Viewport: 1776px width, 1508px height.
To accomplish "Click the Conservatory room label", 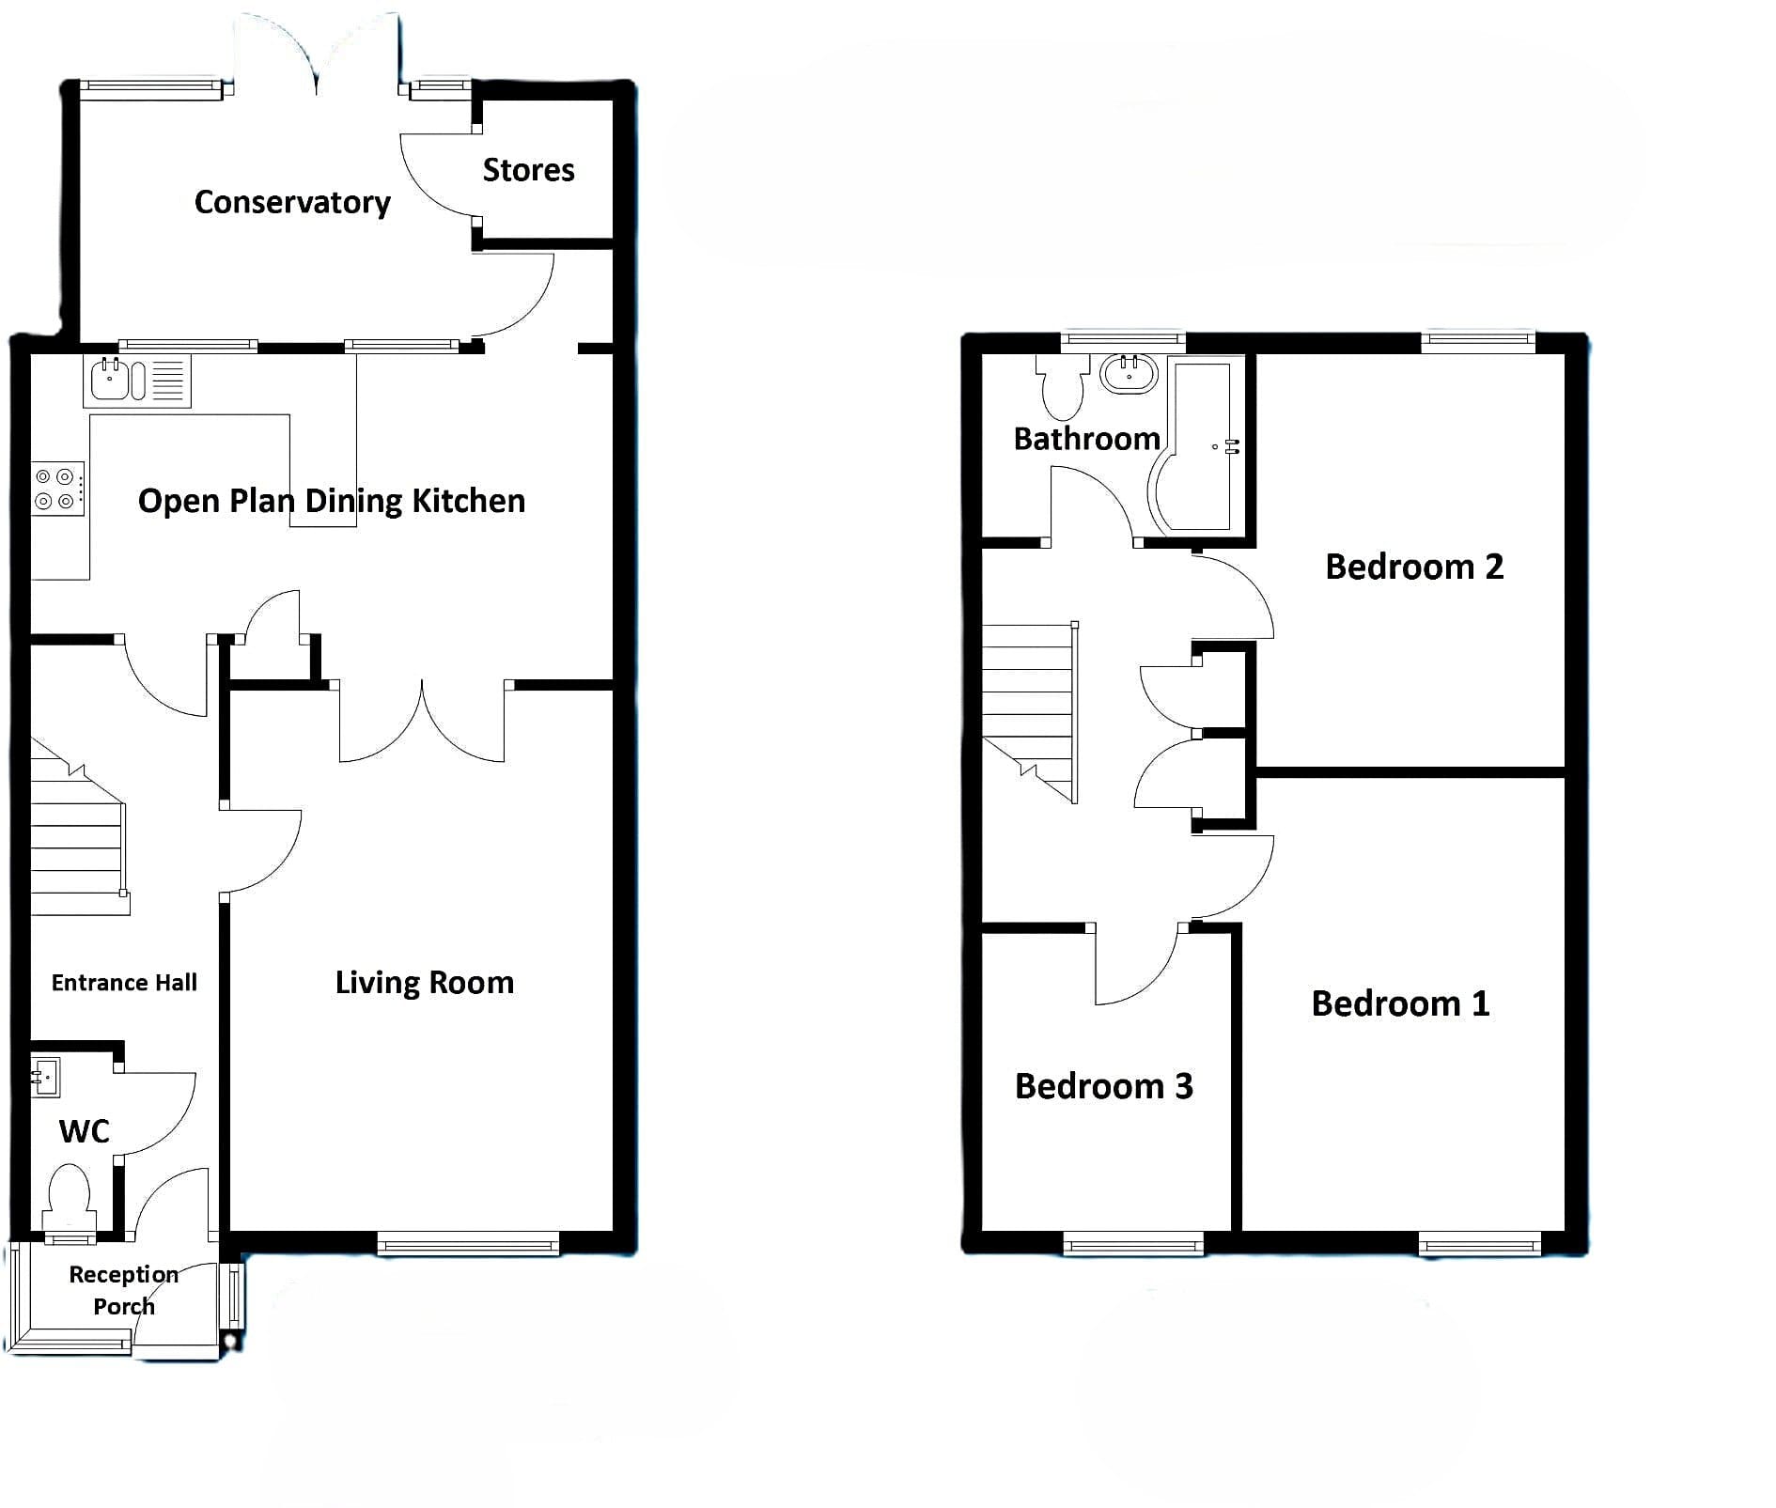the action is [292, 202].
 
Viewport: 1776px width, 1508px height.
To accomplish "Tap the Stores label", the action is [528, 170].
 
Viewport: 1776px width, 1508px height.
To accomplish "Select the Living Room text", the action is [425, 983].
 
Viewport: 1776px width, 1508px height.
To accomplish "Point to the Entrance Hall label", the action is [124, 983].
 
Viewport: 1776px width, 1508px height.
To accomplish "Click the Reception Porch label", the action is [124, 1290].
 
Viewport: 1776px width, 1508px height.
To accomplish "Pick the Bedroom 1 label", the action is [1400, 1003].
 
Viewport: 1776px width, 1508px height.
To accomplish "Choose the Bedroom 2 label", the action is [1414, 567].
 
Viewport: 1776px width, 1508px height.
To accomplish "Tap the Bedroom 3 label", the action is [1104, 1086].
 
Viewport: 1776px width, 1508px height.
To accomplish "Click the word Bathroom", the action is [1086, 439].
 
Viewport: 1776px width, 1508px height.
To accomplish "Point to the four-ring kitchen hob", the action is [56, 489].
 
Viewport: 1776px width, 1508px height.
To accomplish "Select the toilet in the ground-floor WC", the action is [70, 1198].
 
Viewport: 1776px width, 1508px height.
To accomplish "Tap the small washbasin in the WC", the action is [45, 1077].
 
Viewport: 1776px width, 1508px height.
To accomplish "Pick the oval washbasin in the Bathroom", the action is [1129, 374].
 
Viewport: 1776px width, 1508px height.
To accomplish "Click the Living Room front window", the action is [468, 1244].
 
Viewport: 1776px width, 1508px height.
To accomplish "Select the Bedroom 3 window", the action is [1133, 1244].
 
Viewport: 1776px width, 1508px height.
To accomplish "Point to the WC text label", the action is [85, 1131].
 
